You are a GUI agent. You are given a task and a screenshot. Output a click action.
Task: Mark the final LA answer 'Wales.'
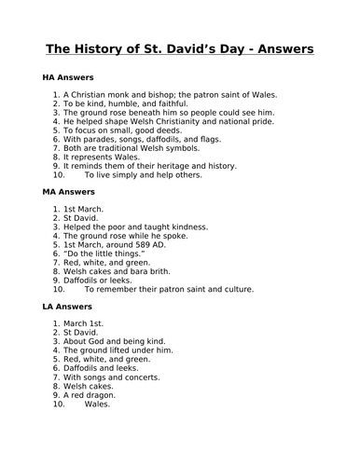[97, 404]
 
